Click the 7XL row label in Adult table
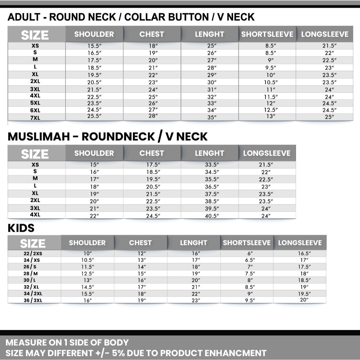(35, 118)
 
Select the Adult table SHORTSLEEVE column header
(267, 34)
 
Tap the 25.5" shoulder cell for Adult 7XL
(94, 116)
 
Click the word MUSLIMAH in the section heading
(39, 137)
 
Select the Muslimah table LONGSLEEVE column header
(267, 153)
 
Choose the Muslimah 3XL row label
(35, 208)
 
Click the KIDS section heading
(21, 228)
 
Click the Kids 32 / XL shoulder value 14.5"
(88, 287)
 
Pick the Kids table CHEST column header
(140, 243)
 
